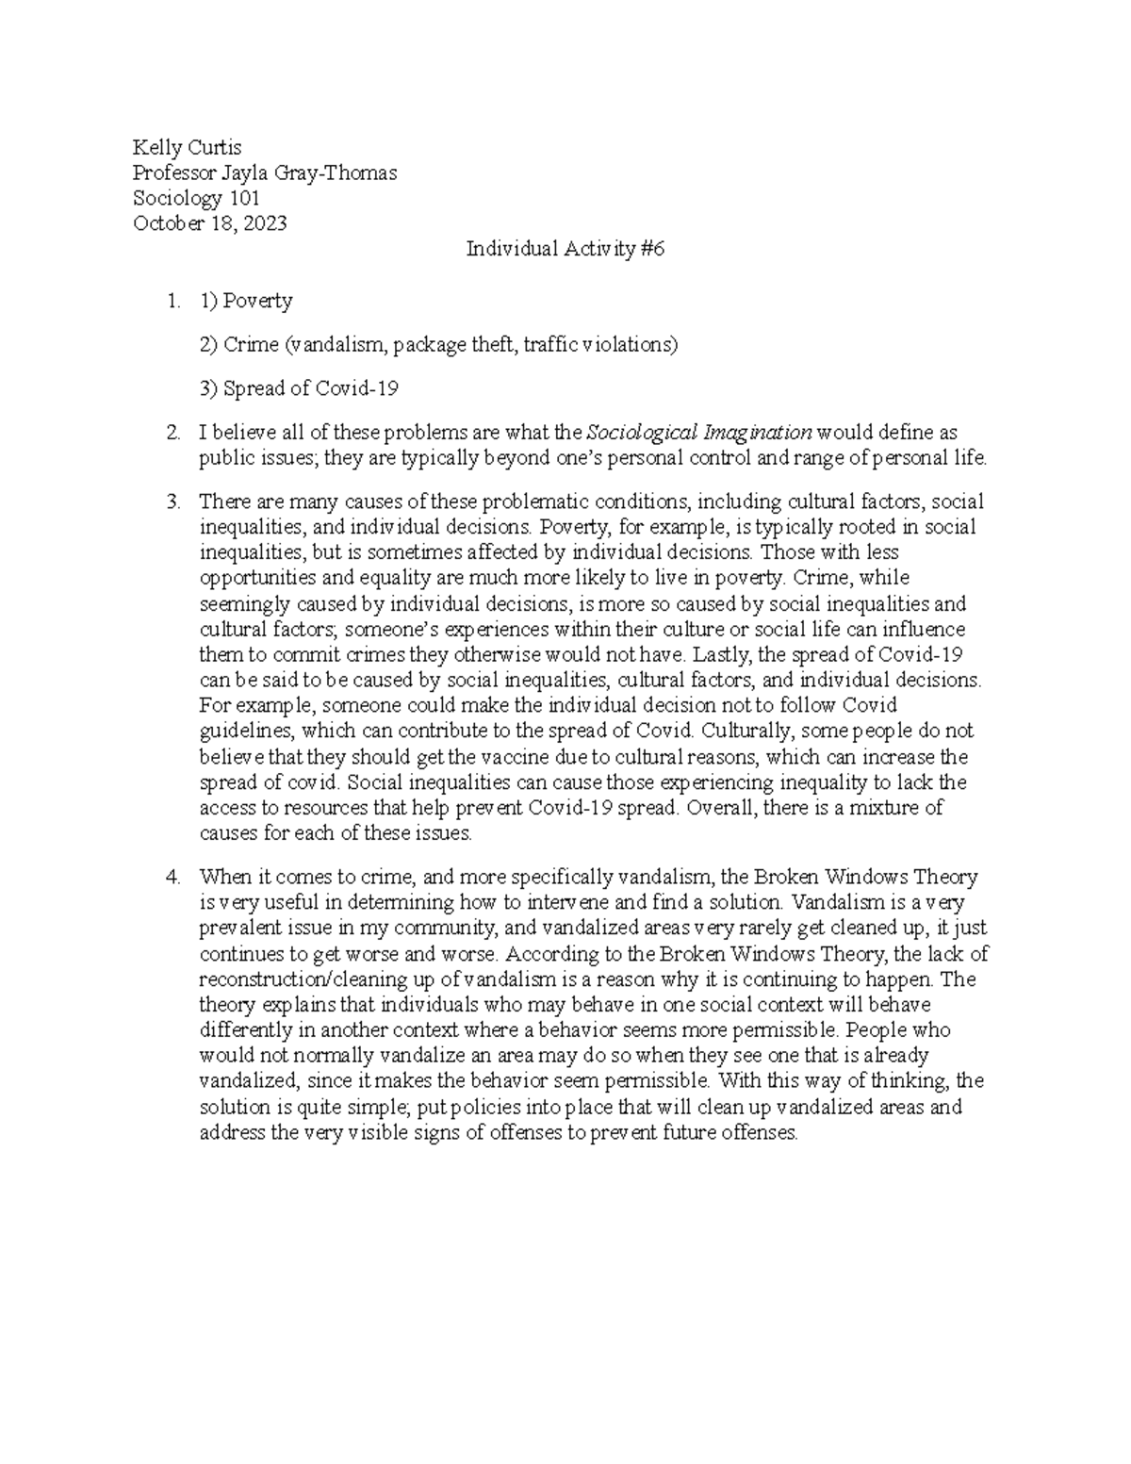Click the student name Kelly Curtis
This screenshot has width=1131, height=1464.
(187, 147)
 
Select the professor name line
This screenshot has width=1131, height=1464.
(264, 173)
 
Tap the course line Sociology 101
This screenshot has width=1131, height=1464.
(196, 198)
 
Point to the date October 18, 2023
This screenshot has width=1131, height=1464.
(209, 223)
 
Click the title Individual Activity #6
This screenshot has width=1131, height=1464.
(565, 249)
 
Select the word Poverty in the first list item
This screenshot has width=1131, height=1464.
(257, 301)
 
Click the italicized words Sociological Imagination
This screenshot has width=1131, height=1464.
(698, 433)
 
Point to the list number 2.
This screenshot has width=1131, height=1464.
(172, 433)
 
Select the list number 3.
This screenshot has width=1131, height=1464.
(172, 502)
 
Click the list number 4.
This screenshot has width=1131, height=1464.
(172, 877)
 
